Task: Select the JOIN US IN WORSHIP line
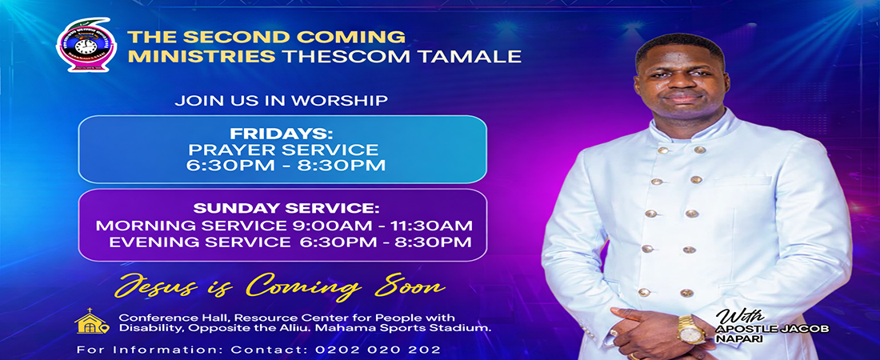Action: (x=282, y=101)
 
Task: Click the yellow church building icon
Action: (x=90, y=322)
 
